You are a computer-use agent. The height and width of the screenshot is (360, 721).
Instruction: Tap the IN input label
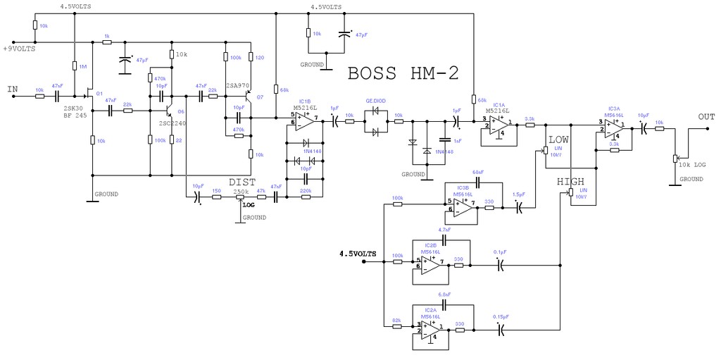point(13,89)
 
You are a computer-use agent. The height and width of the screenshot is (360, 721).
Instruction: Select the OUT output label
point(706,116)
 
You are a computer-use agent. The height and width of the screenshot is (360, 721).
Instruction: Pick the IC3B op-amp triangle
point(462,206)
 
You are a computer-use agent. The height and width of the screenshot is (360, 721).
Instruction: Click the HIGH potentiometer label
point(571,182)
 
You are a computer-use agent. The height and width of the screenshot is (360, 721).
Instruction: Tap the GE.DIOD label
point(375,101)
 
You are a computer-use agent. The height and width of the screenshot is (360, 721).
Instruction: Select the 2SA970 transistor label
point(237,86)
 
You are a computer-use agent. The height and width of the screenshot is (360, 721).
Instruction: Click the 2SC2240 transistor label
point(173,123)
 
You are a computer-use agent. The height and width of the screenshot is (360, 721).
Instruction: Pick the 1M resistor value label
point(83,66)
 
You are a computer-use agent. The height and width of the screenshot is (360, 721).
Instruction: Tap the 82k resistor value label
point(396,321)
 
